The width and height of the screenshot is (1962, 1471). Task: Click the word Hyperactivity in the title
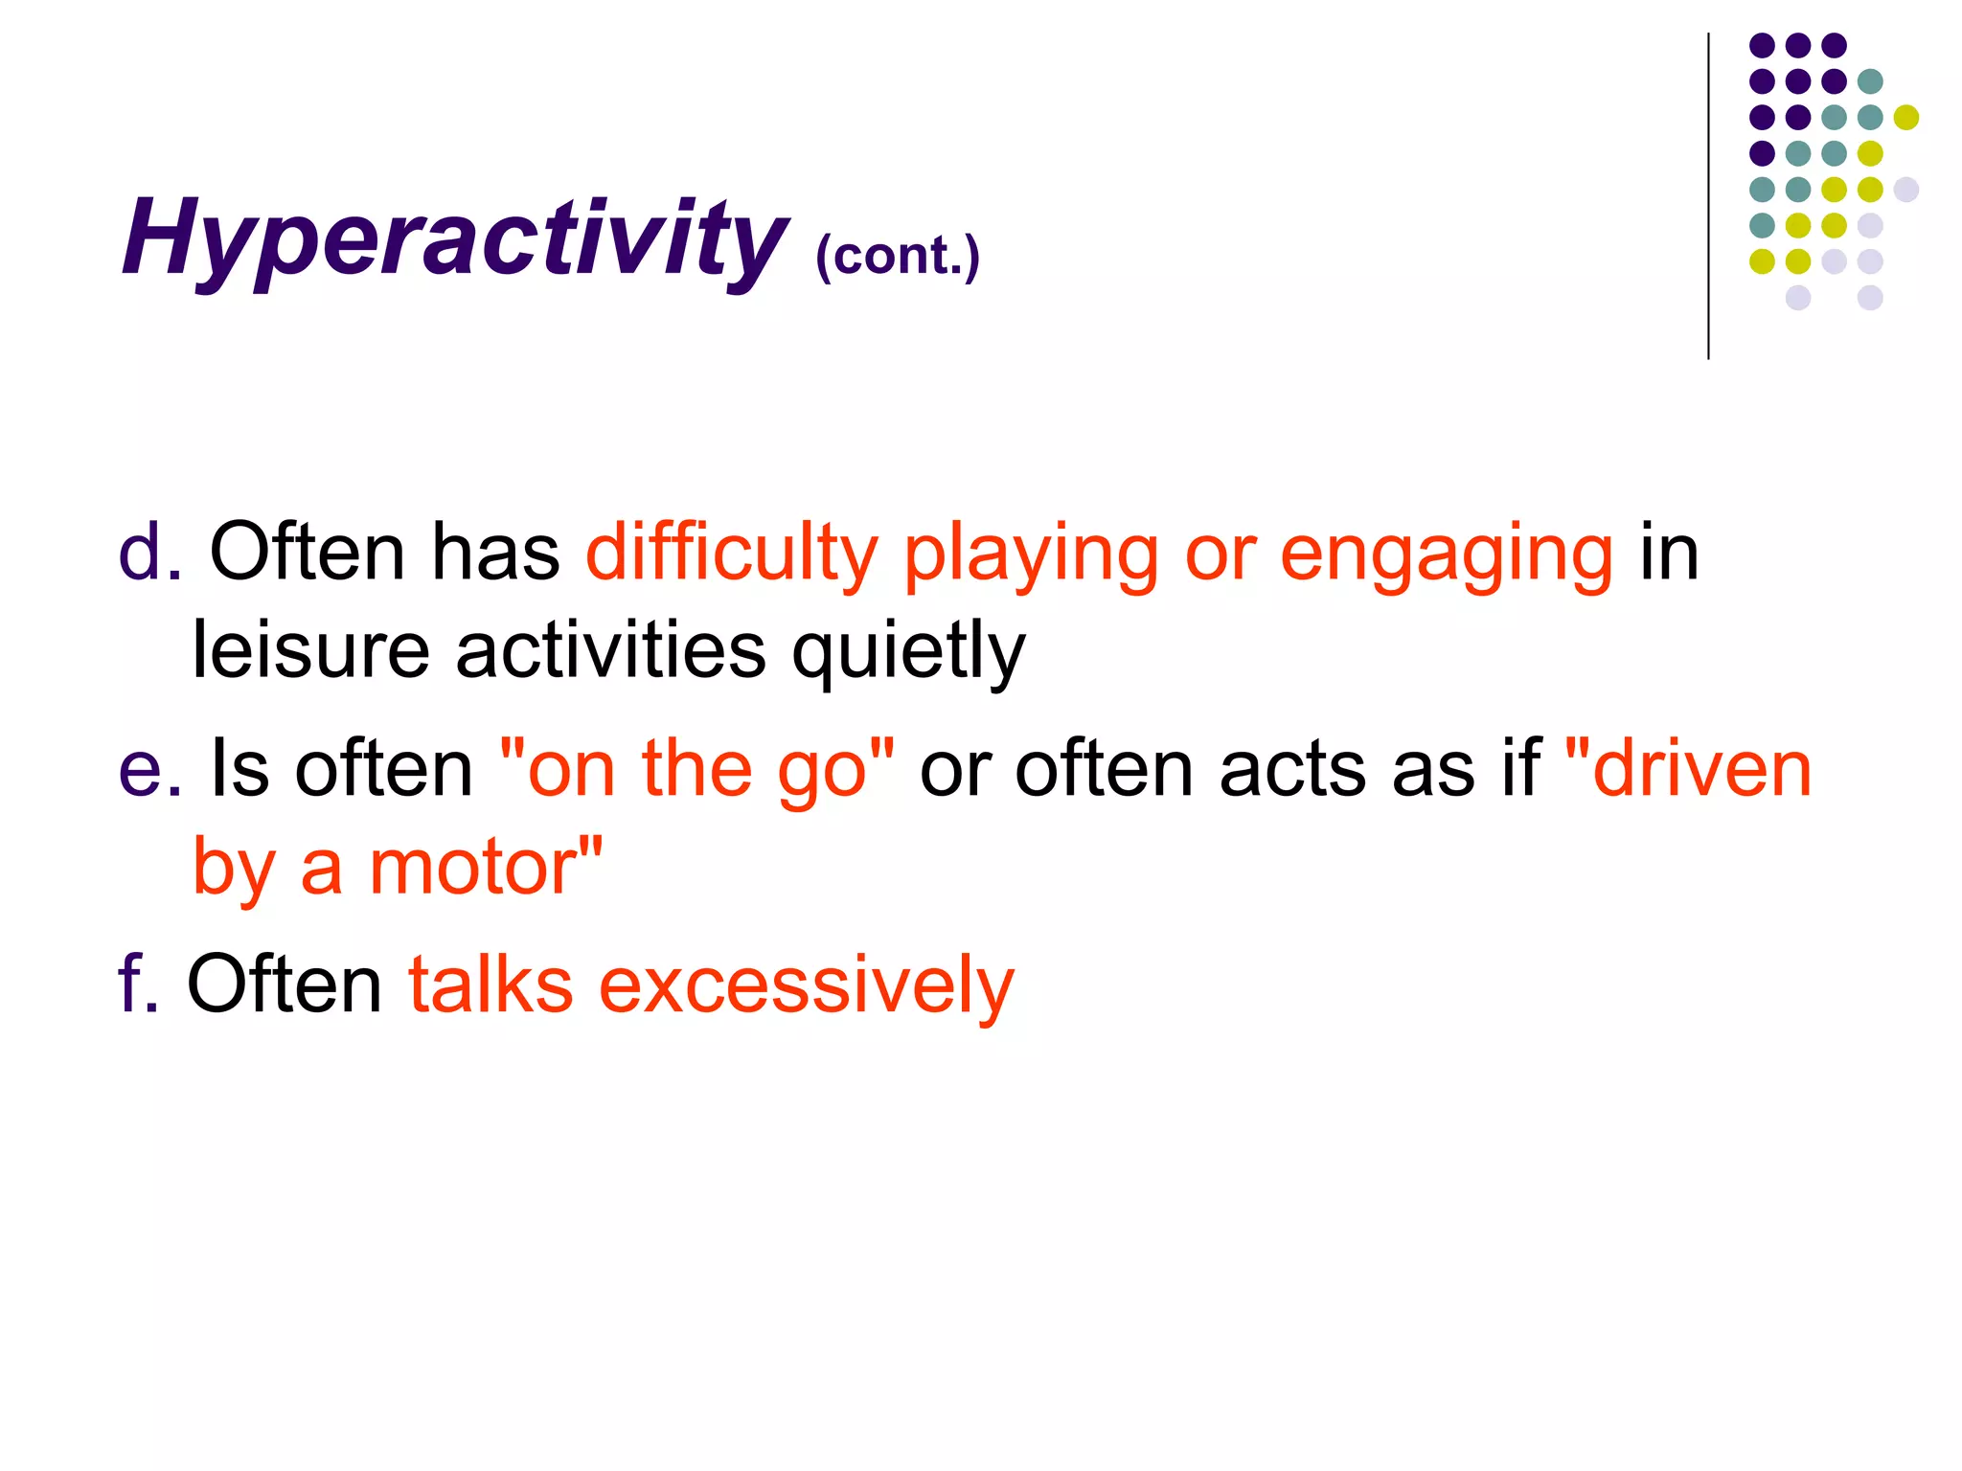(455, 239)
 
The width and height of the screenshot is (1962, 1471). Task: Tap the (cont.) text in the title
(898, 256)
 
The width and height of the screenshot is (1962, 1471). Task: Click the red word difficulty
(731, 553)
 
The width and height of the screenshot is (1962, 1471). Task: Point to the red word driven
(1700, 769)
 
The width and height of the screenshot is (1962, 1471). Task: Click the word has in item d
(494, 553)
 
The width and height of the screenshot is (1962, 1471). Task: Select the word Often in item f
(284, 984)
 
